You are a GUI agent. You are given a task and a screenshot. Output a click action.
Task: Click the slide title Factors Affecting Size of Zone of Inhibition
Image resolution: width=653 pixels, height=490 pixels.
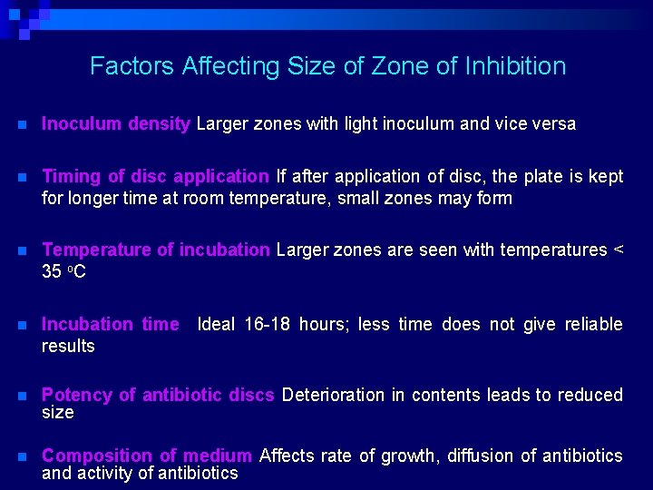(x=327, y=66)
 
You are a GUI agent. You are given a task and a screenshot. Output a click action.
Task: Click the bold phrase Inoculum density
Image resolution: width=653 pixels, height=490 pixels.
(x=116, y=124)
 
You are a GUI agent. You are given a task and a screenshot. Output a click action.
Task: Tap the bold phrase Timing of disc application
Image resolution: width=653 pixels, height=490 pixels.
(x=155, y=176)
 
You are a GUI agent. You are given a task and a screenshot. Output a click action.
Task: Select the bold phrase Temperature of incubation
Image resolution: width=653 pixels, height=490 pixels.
(x=156, y=250)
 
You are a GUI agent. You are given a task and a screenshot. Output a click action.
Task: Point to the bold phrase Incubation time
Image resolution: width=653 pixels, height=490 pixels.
(x=111, y=324)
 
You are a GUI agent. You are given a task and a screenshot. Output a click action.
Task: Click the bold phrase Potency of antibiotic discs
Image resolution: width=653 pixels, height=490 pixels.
(x=158, y=395)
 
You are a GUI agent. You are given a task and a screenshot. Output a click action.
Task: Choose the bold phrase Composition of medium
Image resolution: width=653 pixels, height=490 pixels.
(x=147, y=456)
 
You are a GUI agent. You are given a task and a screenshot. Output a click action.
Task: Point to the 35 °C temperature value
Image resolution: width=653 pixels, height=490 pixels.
(x=63, y=271)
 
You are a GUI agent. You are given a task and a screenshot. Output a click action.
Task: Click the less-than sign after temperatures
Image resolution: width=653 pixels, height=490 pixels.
(x=619, y=250)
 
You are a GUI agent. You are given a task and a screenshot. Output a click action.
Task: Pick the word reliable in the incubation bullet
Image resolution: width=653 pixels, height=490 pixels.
(x=594, y=324)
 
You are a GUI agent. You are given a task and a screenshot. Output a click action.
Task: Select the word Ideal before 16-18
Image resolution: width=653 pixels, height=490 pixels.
(x=217, y=324)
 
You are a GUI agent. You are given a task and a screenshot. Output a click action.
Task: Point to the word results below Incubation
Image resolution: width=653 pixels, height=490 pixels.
(x=68, y=346)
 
